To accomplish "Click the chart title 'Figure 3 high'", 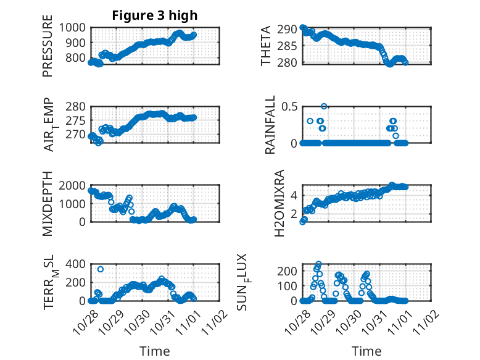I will (x=155, y=15).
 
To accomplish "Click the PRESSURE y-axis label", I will (x=48, y=50).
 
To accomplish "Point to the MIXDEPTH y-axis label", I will (x=48, y=204).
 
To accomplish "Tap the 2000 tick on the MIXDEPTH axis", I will (x=74, y=185).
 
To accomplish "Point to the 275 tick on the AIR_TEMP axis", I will (x=78, y=120).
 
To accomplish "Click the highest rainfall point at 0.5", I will (x=324, y=106).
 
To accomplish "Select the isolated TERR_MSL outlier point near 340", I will (x=101, y=269).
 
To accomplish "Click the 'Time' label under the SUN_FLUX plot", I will (x=366, y=351).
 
